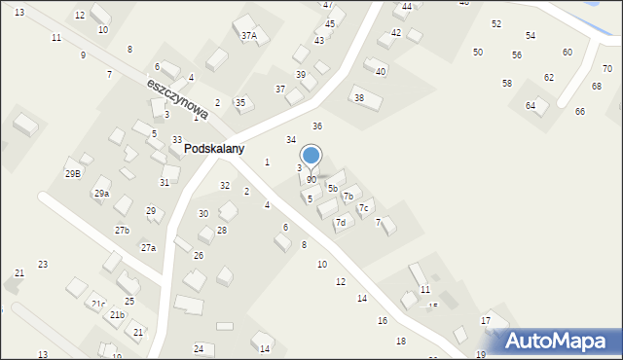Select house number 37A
249,36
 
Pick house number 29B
73,173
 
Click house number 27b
122,231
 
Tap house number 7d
341,223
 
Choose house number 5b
332,188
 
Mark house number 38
359,98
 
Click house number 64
531,105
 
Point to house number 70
606,69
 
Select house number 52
496,23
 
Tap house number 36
317,126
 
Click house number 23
43,265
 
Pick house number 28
222,231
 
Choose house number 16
383,320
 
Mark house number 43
319,41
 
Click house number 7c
363,207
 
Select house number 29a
101,194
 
